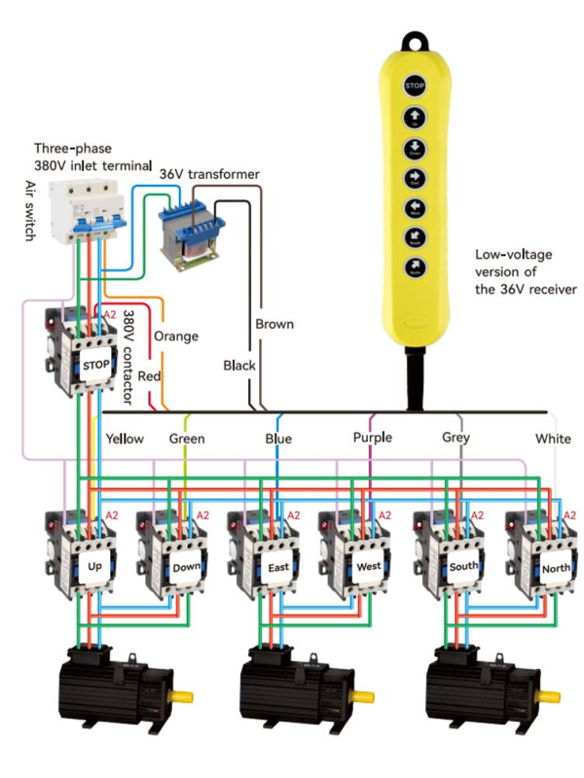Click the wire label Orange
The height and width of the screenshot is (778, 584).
coord(175,336)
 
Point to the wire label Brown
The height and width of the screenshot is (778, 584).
coord(273,323)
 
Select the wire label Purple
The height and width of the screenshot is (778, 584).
coord(373,438)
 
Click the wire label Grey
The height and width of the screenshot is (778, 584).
coord(456,438)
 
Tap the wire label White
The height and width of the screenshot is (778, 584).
coord(553,439)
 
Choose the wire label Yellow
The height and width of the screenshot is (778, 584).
coord(125,439)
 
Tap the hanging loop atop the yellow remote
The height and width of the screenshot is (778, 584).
coord(416,42)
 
